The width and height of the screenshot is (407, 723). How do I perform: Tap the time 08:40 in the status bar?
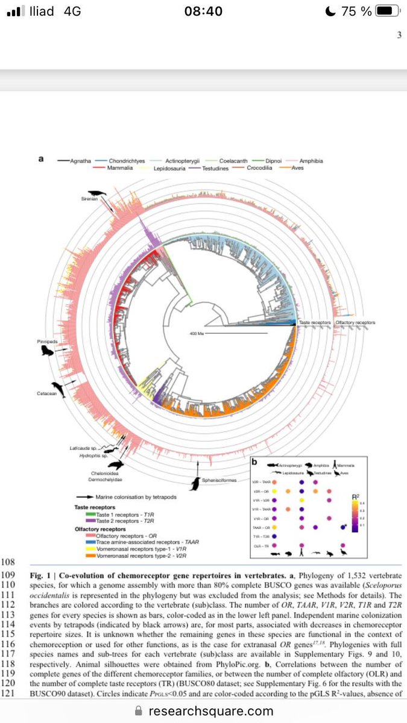tap(203, 11)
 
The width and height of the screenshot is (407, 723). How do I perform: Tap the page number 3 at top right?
tap(399, 35)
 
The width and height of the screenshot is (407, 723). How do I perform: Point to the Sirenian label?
tap(90, 199)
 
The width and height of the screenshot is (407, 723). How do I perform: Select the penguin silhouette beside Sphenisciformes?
tap(195, 483)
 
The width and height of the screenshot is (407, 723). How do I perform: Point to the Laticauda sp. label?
tap(83, 448)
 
